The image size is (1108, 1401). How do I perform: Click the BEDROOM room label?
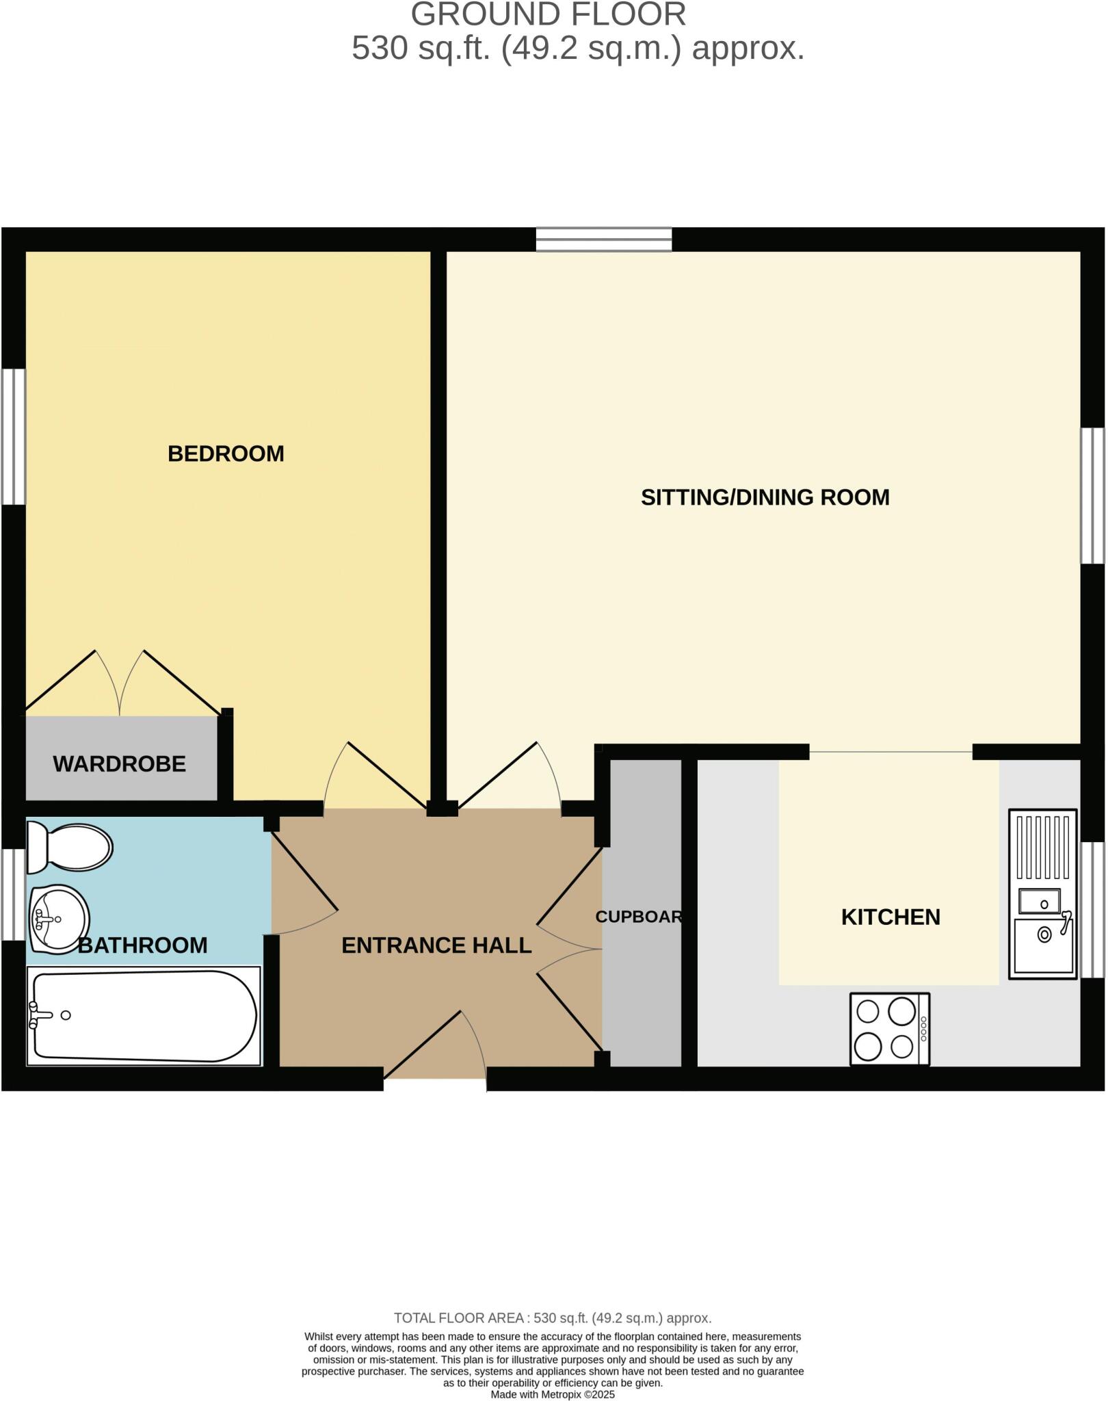pyautogui.click(x=226, y=454)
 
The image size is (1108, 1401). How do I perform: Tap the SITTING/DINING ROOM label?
pyautogui.click(x=765, y=497)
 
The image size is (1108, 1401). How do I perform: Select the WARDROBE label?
pyautogui.click(x=119, y=764)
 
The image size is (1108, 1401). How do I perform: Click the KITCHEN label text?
pyautogui.click(x=890, y=917)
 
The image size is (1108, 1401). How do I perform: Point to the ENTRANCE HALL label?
pyautogui.click(x=436, y=945)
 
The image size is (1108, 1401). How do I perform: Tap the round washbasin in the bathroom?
pyautogui.click(x=59, y=919)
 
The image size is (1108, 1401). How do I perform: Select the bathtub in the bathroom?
pyautogui.click(x=144, y=1016)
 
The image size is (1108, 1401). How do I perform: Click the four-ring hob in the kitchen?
pyautogui.click(x=888, y=1029)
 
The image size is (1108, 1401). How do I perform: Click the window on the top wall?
pyautogui.click(x=603, y=239)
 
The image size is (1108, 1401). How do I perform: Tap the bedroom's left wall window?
pyautogui.click(x=12, y=437)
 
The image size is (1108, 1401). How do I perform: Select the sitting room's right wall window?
pyautogui.click(x=1092, y=495)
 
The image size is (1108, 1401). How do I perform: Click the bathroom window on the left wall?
pyautogui.click(x=12, y=894)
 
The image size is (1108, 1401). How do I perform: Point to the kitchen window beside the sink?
pyautogui.click(x=1092, y=910)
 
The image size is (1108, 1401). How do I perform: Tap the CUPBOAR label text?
pyautogui.click(x=638, y=917)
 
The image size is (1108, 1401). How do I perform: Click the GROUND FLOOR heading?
pyautogui.click(x=548, y=15)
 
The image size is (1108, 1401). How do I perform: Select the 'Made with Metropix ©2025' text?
pyautogui.click(x=553, y=1394)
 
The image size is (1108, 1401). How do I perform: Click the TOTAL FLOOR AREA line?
pyautogui.click(x=553, y=1318)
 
